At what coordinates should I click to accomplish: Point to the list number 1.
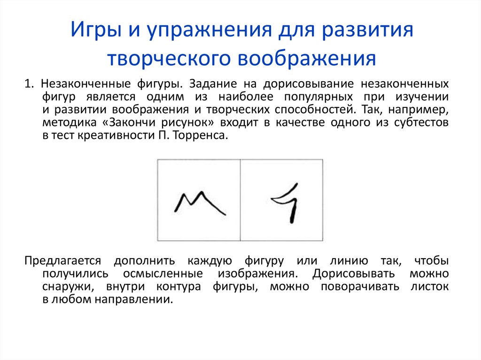point(29,84)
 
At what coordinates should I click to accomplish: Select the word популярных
point(320,97)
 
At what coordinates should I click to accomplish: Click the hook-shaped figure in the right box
point(287,202)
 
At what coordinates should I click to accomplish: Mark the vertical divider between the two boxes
point(240,200)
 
